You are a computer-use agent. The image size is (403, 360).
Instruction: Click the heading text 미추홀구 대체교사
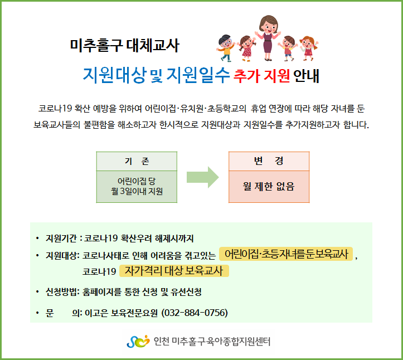pos(124,46)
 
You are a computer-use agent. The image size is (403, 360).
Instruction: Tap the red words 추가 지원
pos(261,76)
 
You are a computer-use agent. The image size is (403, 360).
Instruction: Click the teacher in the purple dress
pos(268,38)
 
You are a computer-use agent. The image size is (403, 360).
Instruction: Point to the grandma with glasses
pos(226,48)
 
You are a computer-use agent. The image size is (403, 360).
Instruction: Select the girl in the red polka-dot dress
pos(247,48)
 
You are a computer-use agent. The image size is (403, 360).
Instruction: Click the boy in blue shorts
pos(288,48)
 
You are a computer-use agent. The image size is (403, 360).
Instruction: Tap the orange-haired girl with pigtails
pos(309,48)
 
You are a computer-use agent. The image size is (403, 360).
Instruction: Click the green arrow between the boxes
pos(202,177)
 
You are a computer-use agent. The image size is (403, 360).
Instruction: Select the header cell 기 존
pos(137,161)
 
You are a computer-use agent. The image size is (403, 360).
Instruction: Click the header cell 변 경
pos(269,161)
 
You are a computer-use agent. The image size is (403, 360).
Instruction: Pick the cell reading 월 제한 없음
pos(269,187)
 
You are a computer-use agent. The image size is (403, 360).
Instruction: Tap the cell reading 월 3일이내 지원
pos(137,187)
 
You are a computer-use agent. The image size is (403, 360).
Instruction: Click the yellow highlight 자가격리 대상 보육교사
pos(174,271)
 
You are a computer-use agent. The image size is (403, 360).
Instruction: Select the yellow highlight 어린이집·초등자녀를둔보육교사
pos(286,254)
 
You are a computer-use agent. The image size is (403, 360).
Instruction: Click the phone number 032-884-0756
pos(195,313)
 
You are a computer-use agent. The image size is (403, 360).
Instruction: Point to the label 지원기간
pos(61,239)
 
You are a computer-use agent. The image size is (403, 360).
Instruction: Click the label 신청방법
pos(61,291)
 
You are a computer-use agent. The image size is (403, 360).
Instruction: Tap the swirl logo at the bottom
pos(138,342)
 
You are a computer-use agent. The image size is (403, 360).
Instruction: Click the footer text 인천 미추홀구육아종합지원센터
pos(212,342)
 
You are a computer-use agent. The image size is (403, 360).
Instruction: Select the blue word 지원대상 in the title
pos(115,75)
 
